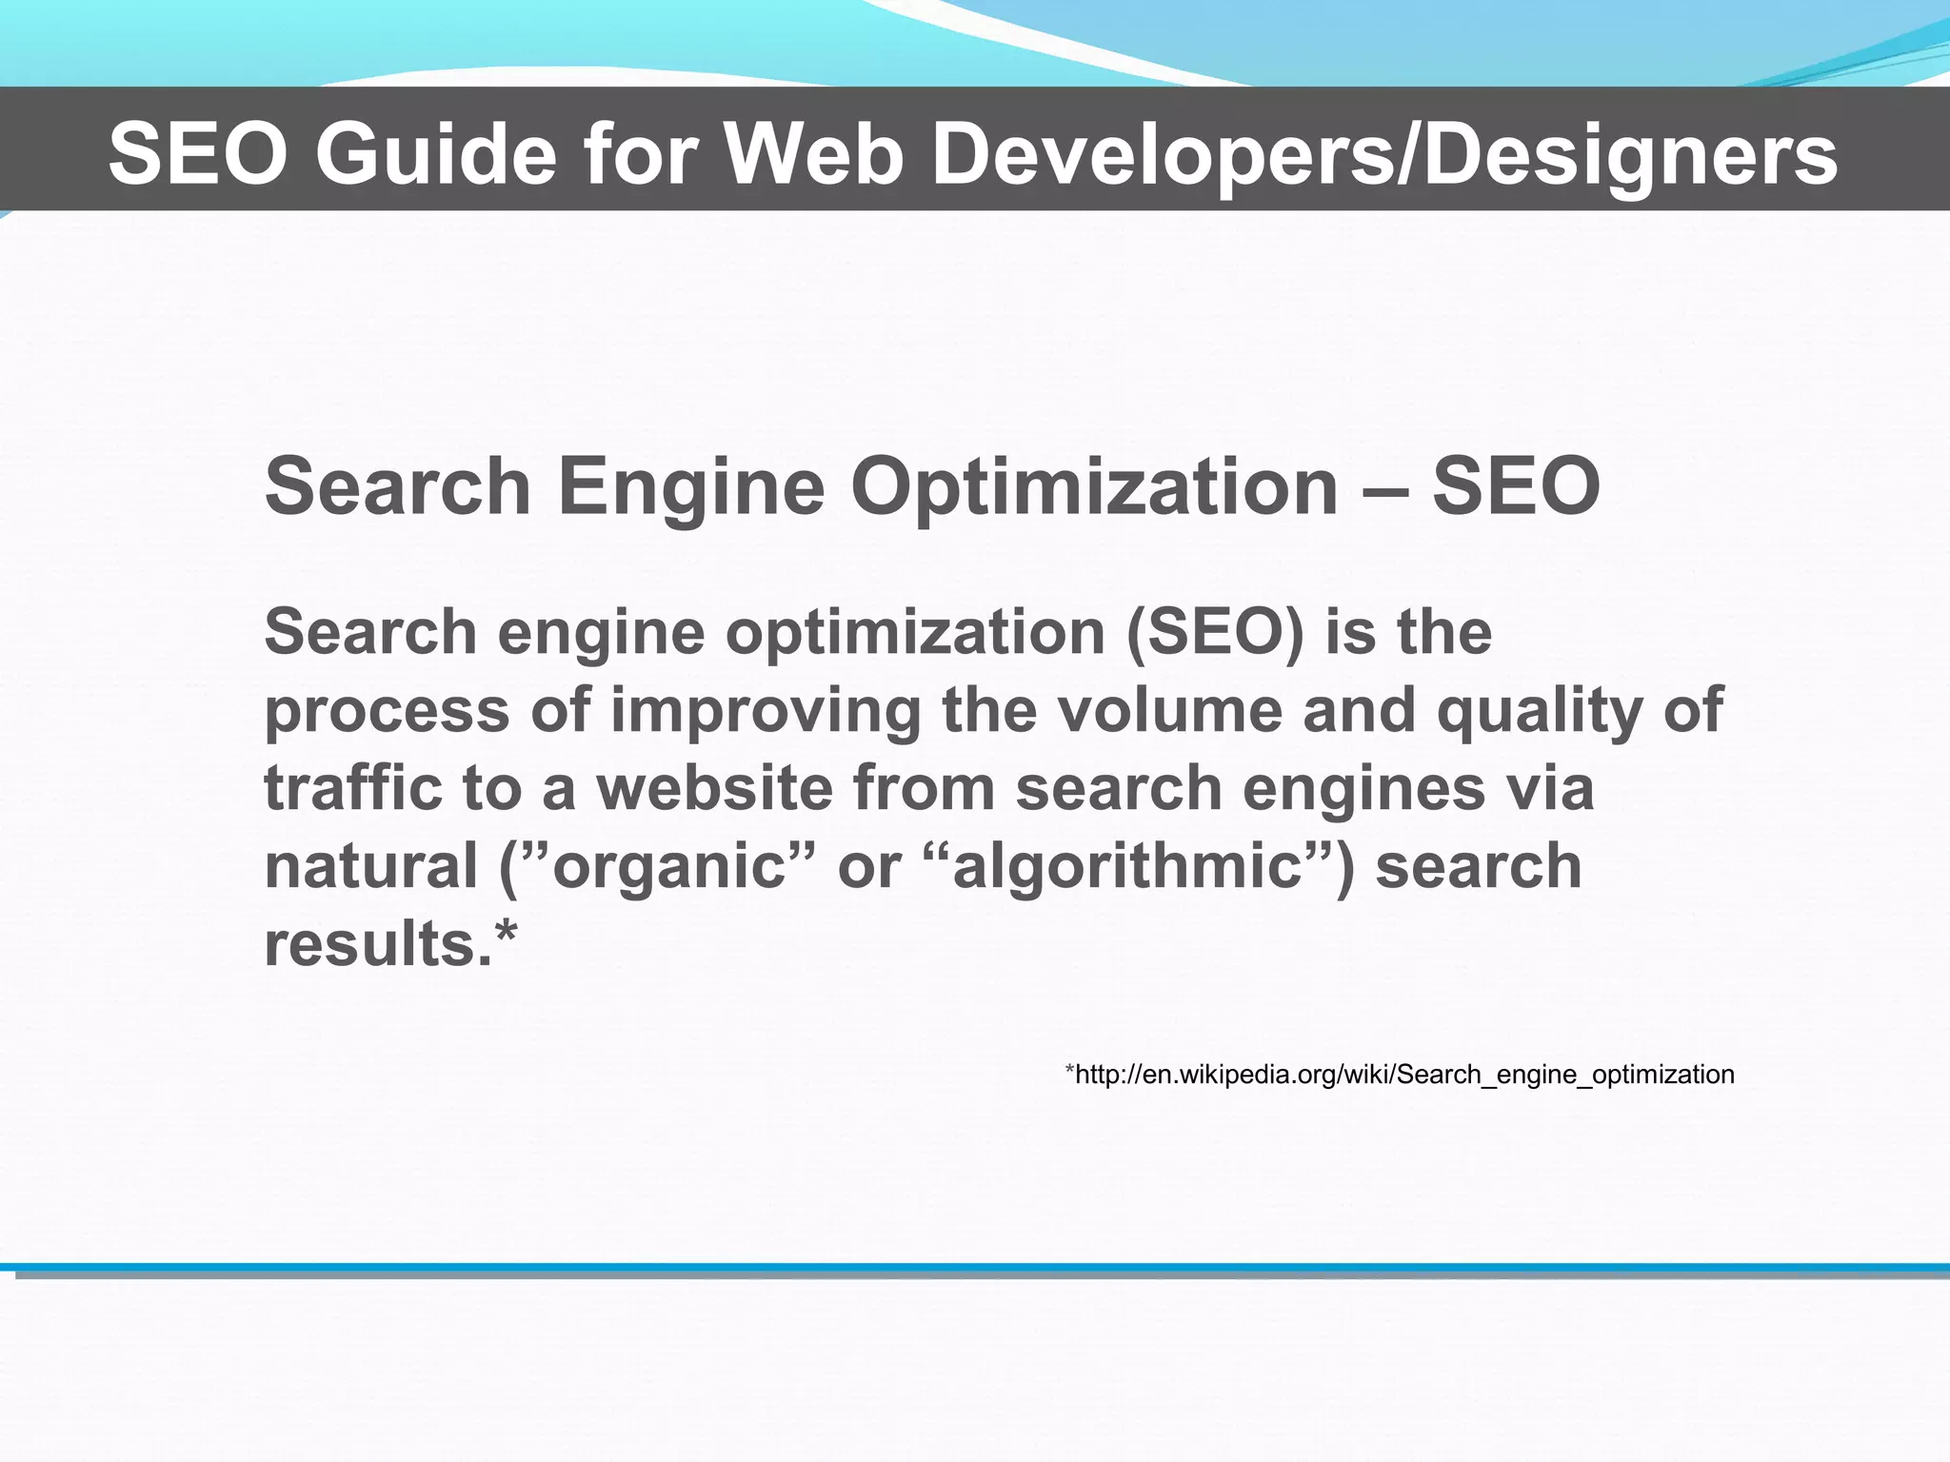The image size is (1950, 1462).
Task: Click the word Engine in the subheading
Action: click(690, 486)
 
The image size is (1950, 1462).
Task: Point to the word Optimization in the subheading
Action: click(1094, 486)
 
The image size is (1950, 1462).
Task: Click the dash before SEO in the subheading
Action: click(1385, 488)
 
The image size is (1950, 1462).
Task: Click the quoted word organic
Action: click(667, 868)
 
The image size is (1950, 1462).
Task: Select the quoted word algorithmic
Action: click(1128, 868)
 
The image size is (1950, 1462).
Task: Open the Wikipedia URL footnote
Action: click(1399, 1075)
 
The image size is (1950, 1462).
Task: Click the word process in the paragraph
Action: click(387, 712)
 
